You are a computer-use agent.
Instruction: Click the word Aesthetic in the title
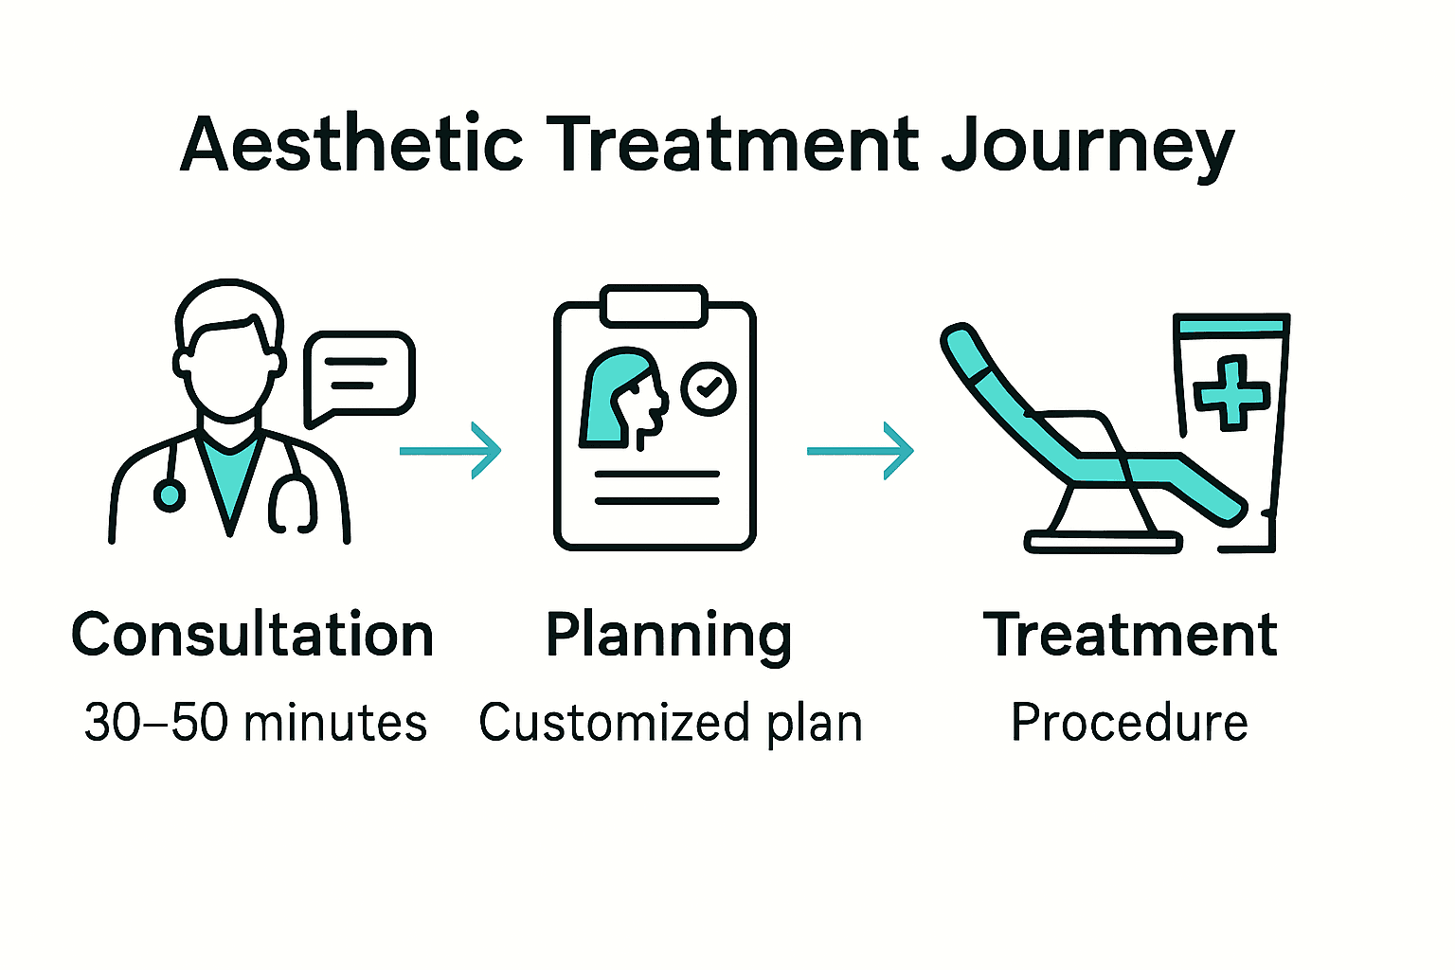[x=351, y=145]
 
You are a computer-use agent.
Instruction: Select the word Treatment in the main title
[x=735, y=145]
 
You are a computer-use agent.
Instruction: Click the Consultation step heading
[x=252, y=635]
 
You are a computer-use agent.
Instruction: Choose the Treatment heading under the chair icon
[x=1130, y=635]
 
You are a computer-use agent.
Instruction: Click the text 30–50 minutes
[x=256, y=723]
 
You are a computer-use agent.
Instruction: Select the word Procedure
[x=1129, y=723]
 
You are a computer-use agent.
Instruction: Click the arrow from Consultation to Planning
[x=451, y=451]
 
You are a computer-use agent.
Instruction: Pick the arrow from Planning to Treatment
[x=860, y=451]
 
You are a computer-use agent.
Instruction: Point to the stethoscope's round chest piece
[x=170, y=494]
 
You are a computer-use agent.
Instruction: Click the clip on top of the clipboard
[x=655, y=306]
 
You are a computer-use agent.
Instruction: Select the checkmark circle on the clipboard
[x=709, y=387]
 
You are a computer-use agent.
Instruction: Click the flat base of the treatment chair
[x=1104, y=543]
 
